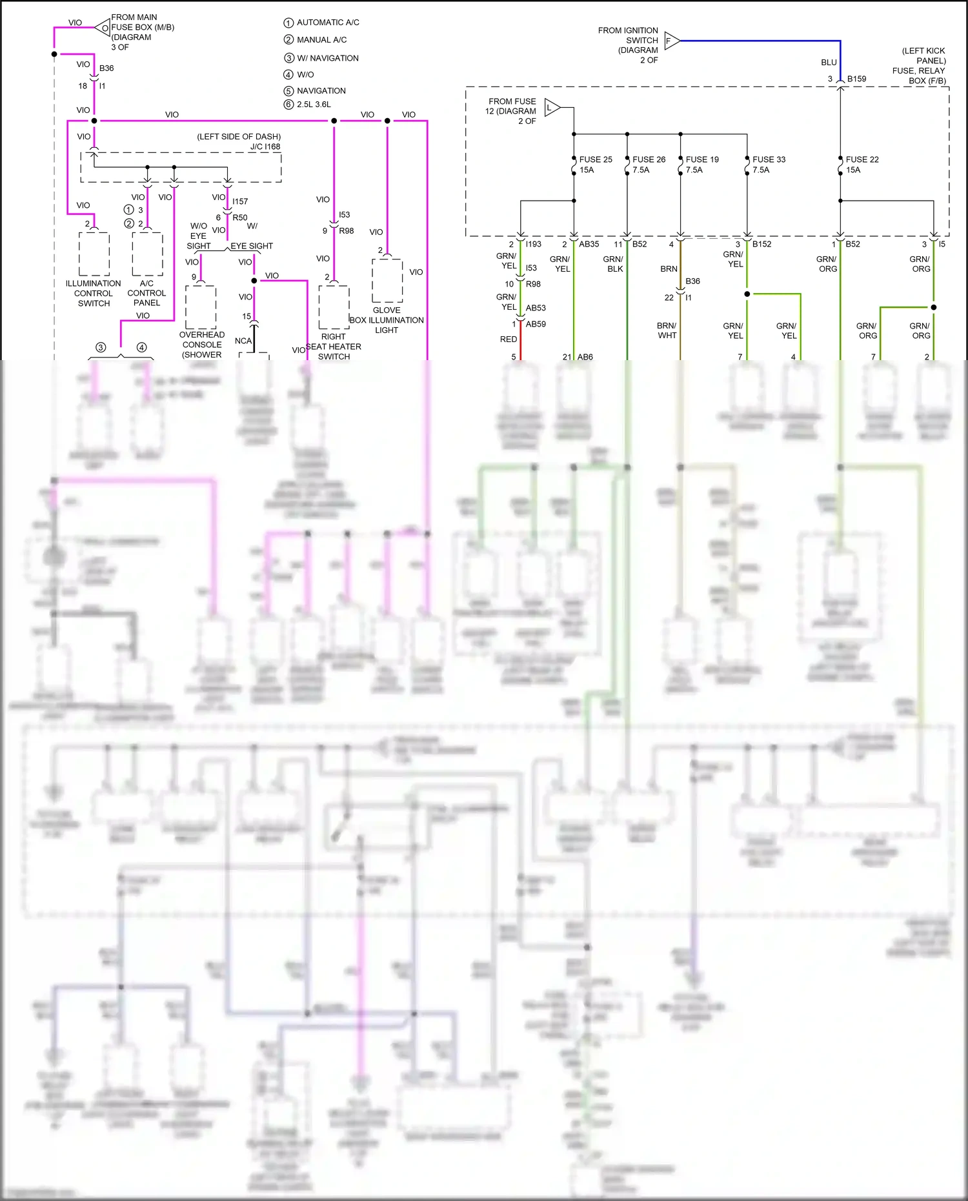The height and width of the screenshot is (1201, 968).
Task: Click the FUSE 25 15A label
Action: [x=595, y=165]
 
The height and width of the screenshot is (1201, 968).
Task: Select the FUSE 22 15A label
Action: [x=862, y=165]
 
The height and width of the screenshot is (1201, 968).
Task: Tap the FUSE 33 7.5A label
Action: [x=768, y=165]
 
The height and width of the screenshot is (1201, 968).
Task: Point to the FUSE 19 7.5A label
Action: [x=701, y=165]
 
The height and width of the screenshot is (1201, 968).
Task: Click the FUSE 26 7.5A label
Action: [x=648, y=165]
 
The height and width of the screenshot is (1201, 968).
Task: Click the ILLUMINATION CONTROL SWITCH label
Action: [x=94, y=293]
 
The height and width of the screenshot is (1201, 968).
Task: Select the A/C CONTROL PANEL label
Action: [x=146, y=293]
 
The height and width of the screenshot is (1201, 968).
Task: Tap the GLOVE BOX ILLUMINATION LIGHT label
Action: [x=387, y=320]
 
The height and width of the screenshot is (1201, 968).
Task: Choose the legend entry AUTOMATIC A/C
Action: [x=327, y=23]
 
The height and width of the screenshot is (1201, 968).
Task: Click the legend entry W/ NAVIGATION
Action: [x=327, y=58]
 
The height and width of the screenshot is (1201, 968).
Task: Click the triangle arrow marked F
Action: [x=671, y=41]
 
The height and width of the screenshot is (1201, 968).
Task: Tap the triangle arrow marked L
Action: [x=551, y=108]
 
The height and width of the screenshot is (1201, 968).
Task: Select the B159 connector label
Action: [x=856, y=79]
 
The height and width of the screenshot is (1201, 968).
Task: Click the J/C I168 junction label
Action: [x=265, y=146]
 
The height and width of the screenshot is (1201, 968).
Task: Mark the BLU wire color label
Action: [x=829, y=63]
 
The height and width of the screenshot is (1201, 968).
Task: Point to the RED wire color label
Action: [x=509, y=339]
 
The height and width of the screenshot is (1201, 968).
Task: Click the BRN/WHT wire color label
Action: [x=667, y=330]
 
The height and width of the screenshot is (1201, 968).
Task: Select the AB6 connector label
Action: [x=585, y=357]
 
